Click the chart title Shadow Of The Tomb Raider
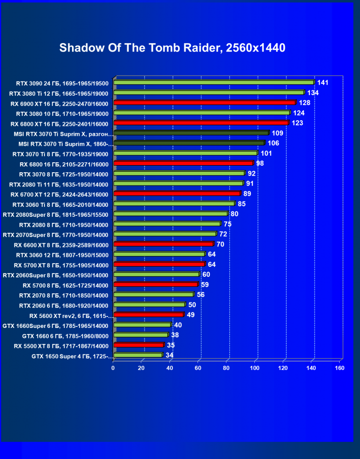point(172,48)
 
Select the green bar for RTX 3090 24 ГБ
point(214,82)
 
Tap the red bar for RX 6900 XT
point(205,103)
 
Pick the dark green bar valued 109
point(191,133)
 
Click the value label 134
point(313,93)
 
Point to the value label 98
point(260,163)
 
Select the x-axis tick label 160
point(339,368)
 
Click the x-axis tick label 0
point(113,368)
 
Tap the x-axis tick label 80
point(226,368)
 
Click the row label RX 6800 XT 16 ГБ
point(59,124)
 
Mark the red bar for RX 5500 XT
point(138,345)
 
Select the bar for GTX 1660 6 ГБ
point(141,335)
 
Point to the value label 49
point(191,315)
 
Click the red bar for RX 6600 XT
point(163,244)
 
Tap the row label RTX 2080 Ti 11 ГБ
point(60,184)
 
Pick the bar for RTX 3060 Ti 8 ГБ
point(174,203)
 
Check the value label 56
point(201,294)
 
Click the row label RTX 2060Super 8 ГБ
point(55,275)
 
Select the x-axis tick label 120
point(283,368)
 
